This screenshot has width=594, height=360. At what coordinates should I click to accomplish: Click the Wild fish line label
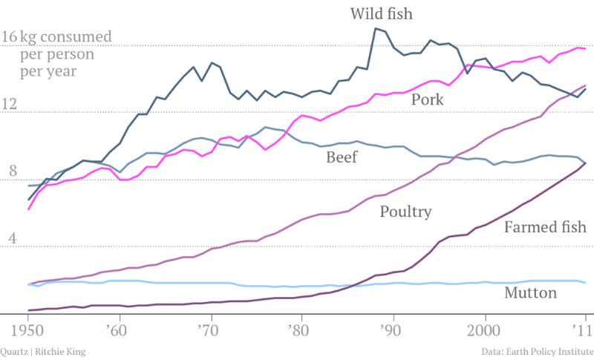(381, 13)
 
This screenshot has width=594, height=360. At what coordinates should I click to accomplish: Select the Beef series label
(342, 157)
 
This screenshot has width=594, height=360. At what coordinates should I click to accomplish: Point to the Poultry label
(405, 212)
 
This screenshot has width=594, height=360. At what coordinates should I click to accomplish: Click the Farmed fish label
(544, 226)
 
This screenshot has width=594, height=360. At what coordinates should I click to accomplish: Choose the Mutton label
(530, 292)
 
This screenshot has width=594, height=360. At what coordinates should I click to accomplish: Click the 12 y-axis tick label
(10, 105)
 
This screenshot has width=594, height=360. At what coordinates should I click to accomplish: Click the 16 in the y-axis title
(10, 37)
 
